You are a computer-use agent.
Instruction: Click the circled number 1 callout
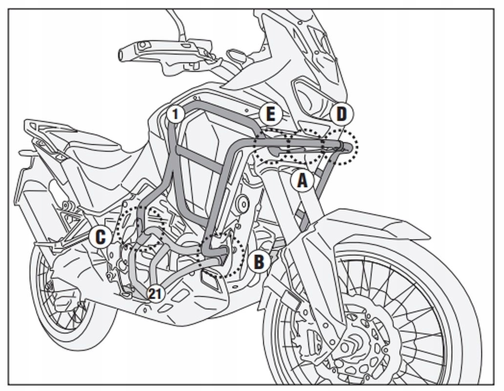(x=176, y=114)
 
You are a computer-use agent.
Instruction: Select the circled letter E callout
(x=271, y=115)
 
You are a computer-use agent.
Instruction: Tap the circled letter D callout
(x=341, y=114)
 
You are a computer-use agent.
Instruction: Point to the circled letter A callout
(x=302, y=181)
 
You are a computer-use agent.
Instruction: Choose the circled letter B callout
(x=258, y=262)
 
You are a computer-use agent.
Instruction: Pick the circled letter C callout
(x=100, y=238)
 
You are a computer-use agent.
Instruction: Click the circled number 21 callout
(x=155, y=293)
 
